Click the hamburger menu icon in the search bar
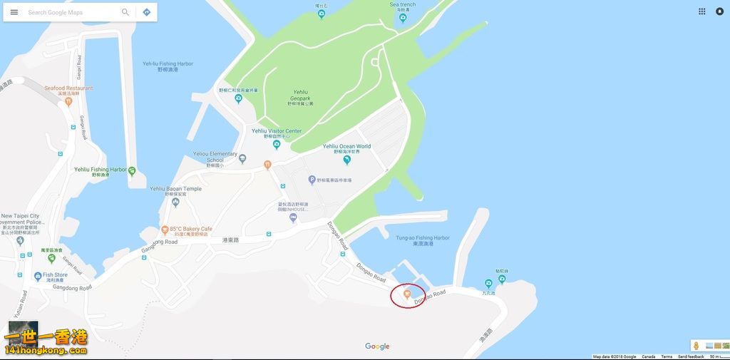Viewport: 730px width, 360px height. (14, 12)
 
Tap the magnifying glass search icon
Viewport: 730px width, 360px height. (125, 12)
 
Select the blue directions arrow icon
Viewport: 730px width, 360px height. (146, 12)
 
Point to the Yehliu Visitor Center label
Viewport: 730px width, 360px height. (277, 131)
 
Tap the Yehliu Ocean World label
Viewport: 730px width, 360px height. (346, 147)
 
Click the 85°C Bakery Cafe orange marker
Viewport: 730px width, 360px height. (165, 230)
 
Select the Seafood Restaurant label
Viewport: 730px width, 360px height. (68, 88)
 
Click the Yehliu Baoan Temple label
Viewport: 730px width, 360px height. (175, 189)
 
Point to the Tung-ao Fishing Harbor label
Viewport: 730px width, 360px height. (423, 238)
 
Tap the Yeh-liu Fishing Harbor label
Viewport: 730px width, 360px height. (168, 64)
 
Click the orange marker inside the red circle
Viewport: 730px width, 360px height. (406, 292)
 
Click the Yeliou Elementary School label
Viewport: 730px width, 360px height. (215, 156)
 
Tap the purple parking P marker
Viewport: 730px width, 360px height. (312, 180)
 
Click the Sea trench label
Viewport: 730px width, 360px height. (403, 5)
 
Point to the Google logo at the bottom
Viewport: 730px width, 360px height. (377, 346)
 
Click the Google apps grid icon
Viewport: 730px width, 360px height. (702, 11)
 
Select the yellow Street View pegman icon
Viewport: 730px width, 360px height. (696, 346)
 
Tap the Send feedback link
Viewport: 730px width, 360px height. (691, 356)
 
